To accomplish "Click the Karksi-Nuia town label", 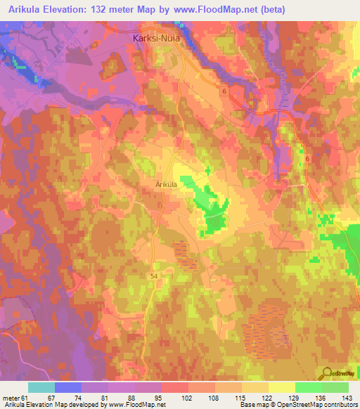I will click(156, 40).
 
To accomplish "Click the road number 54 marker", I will click(154, 277).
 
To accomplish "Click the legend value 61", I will click(27, 397).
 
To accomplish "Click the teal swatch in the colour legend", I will click(41, 387).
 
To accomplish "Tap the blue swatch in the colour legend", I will click(68, 387).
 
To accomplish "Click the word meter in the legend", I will click(11, 397).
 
